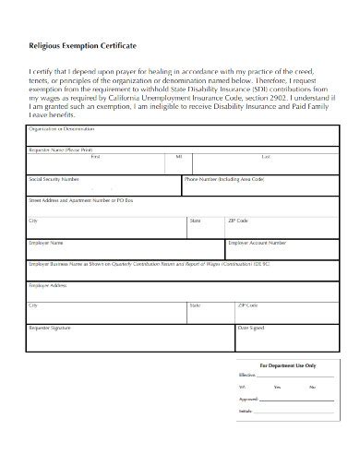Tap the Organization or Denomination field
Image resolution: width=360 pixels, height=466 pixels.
coord(180,137)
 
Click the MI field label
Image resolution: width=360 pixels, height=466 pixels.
coord(178,158)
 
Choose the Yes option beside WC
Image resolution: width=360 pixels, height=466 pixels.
coord(276,388)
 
